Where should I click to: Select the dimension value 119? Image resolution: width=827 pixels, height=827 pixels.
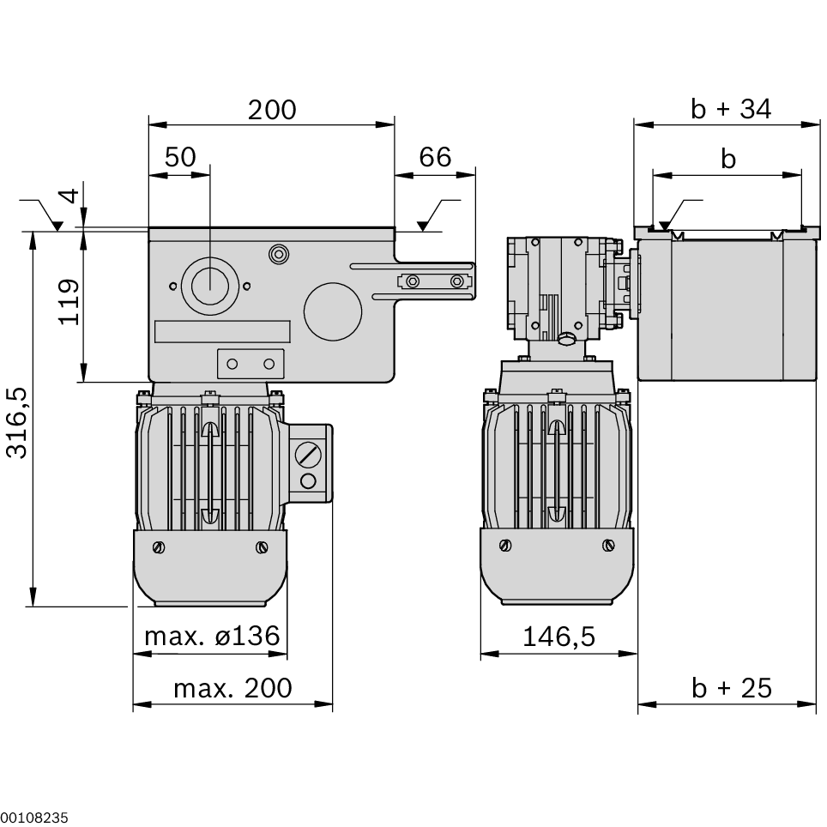(x=69, y=301)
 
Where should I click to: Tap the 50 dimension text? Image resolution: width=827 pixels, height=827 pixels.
(x=180, y=157)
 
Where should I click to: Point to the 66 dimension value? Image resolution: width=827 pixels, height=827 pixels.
(x=435, y=157)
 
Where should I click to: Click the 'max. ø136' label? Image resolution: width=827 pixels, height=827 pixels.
(x=211, y=637)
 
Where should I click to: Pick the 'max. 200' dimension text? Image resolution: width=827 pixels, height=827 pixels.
(x=232, y=688)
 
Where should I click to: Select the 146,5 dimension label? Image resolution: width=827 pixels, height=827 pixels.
(x=559, y=637)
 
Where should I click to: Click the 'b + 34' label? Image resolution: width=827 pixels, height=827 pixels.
(x=731, y=109)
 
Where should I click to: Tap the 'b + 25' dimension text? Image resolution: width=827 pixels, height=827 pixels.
(x=732, y=688)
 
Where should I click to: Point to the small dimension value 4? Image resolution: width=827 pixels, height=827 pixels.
(x=69, y=195)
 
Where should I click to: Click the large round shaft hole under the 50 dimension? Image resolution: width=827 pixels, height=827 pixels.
(x=208, y=286)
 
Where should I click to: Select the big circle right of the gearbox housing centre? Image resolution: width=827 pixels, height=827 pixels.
(x=333, y=311)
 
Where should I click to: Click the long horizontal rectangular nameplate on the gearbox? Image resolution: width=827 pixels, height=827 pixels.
(x=222, y=333)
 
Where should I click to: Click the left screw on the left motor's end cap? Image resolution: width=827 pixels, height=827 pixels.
(x=159, y=547)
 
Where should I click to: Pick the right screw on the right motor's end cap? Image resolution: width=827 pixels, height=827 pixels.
(x=608, y=544)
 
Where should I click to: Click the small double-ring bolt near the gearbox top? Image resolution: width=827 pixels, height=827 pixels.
(x=277, y=254)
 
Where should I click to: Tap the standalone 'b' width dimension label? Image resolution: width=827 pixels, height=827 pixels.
(x=728, y=159)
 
